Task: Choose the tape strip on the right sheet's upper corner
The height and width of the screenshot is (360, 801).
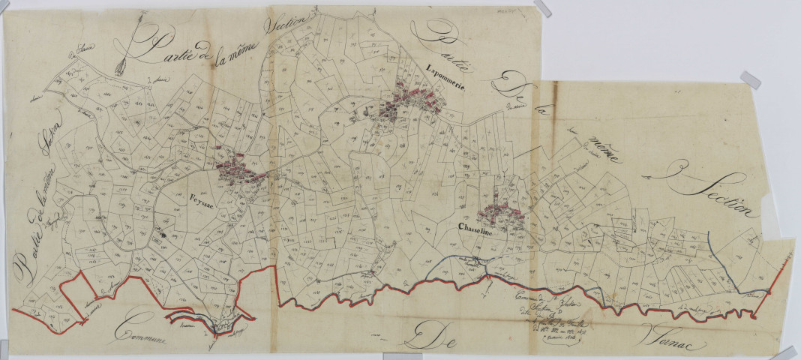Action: click(x=749, y=79)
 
